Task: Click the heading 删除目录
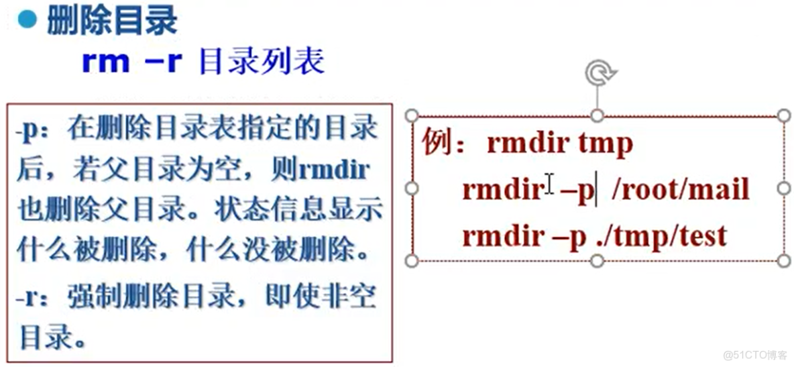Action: [x=111, y=21]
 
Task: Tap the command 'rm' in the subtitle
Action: [x=105, y=62]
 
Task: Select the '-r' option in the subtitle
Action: [x=164, y=62]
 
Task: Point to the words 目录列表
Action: [x=262, y=62]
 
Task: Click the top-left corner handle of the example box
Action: [x=412, y=115]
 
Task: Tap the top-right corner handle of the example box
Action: [x=783, y=115]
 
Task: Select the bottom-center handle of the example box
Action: [x=598, y=260]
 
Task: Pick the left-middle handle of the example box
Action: [x=412, y=189]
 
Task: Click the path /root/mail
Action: [x=680, y=190]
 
